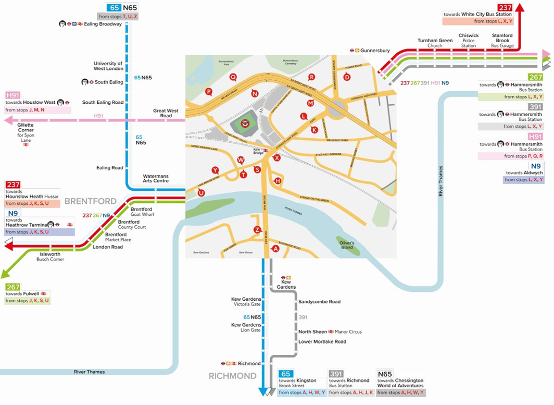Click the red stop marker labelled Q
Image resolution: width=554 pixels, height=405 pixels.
(233, 77)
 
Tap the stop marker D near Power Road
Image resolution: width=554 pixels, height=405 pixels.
(347, 77)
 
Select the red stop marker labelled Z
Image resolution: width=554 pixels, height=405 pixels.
(257, 230)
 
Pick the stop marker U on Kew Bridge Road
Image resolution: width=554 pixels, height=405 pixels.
(201, 193)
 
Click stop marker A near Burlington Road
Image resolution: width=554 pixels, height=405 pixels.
(276, 249)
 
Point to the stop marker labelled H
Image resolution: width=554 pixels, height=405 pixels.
(278, 181)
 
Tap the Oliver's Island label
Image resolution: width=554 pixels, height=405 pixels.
(347, 245)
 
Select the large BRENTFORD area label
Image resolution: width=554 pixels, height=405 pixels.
(91, 201)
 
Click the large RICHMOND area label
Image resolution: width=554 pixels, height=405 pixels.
(232, 376)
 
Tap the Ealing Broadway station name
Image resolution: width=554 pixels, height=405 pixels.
(104, 24)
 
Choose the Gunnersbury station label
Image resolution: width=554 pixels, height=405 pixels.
(376, 51)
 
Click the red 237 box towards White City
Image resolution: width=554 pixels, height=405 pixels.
(505, 7)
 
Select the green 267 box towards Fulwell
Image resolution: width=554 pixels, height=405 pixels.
(13, 287)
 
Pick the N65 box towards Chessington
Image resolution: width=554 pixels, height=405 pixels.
(385, 374)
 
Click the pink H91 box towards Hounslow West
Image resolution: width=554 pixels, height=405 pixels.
(12, 95)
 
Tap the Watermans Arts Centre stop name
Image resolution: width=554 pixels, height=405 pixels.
(156, 179)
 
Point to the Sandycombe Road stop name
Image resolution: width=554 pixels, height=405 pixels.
(319, 302)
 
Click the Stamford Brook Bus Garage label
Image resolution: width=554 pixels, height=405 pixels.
(502, 41)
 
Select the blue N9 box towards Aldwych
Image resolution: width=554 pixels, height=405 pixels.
(536, 166)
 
